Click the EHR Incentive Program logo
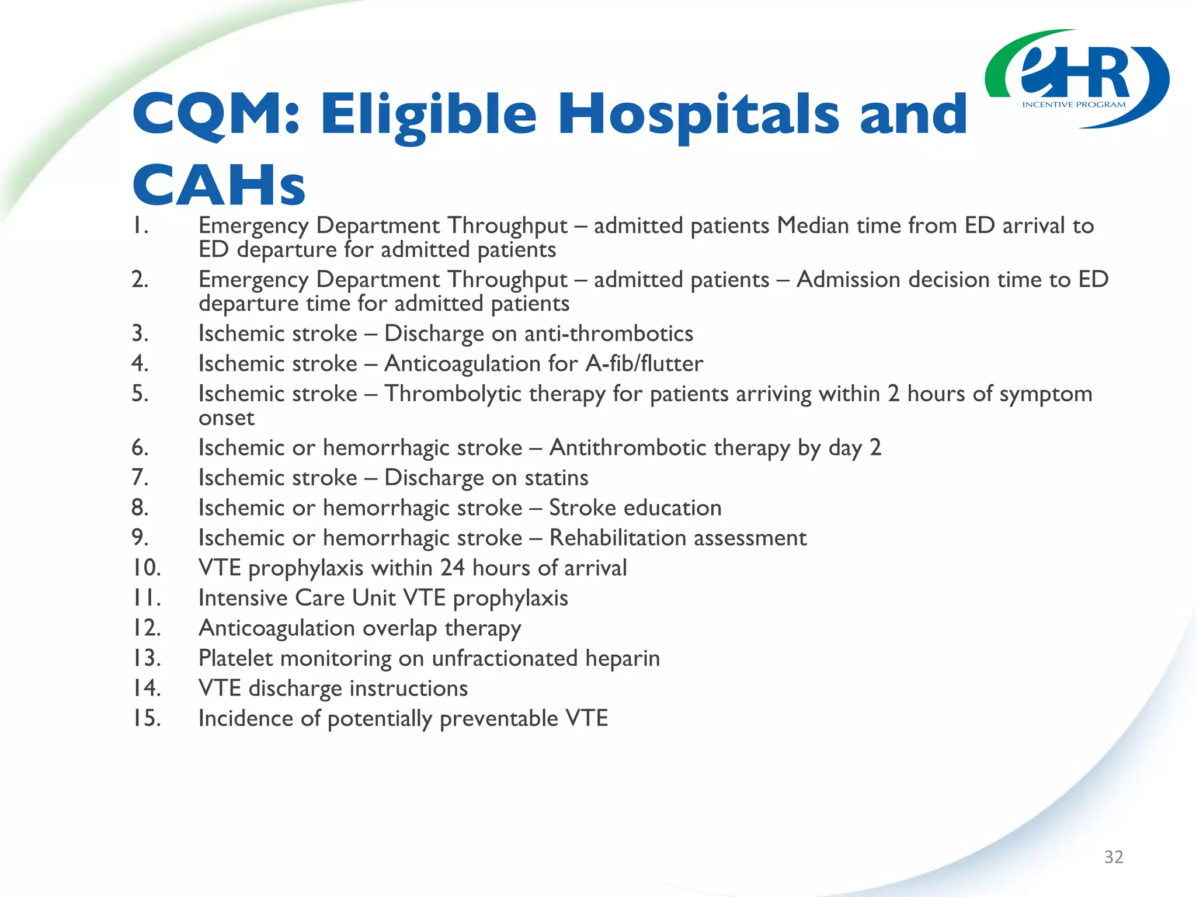coord(1076,79)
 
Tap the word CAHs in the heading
coord(219,186)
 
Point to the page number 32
coord(1114,857)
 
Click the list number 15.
coord(145,718)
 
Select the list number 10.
coord(145,568)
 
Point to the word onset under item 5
coord(226,418)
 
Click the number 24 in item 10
coord(452,568)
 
